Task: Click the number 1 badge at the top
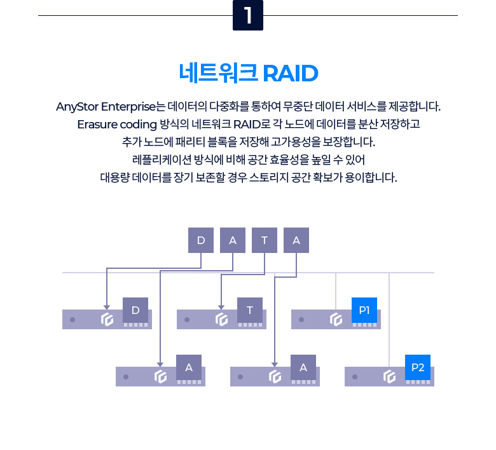point(248,15)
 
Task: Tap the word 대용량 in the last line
point(114,177)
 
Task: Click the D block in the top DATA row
point(201,240)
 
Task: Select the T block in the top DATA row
point(265,240)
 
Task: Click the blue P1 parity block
point(364,310)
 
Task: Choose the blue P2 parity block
point(418,367)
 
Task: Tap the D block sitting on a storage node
point(135,310)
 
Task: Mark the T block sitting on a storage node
point(250,310)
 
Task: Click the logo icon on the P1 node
point(336,320)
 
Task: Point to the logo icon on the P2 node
point(390,377)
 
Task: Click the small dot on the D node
point(72,320)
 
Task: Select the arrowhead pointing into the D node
point(106,307)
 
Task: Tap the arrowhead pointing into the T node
point(221,307)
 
